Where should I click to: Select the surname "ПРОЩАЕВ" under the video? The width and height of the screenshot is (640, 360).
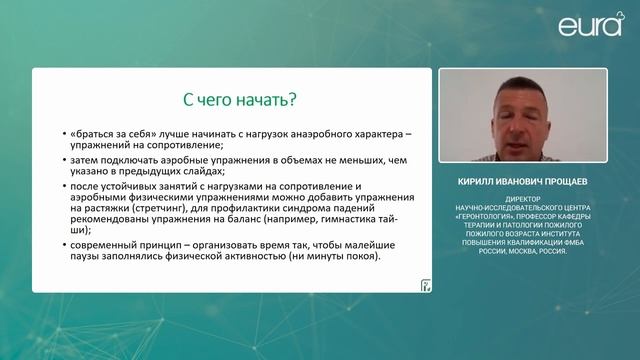click(572, 184)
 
